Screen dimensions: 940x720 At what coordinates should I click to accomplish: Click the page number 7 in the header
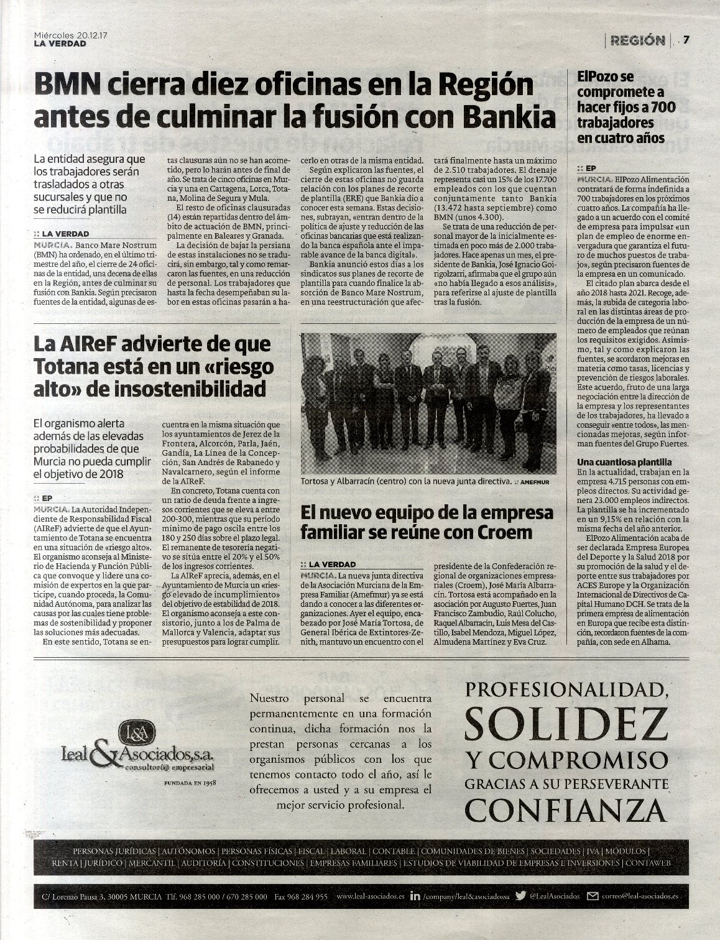tap(686, 40)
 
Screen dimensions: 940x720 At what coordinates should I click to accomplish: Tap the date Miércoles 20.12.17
tap(72, 36)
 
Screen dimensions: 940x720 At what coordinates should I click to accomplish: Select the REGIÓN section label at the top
tap(637, 40)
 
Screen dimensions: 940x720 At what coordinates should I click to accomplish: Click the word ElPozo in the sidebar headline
tap(597, 77)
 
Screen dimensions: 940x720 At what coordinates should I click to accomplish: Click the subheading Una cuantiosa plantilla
tap(624, 462)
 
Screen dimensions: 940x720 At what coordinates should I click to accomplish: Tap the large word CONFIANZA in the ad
tap(564, 808)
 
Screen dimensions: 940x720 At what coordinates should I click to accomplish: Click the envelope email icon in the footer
tap(593, 896)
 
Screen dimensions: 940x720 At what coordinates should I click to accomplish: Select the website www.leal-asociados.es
tap(370, 897)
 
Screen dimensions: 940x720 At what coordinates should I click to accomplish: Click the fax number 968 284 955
tap(310, 897)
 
